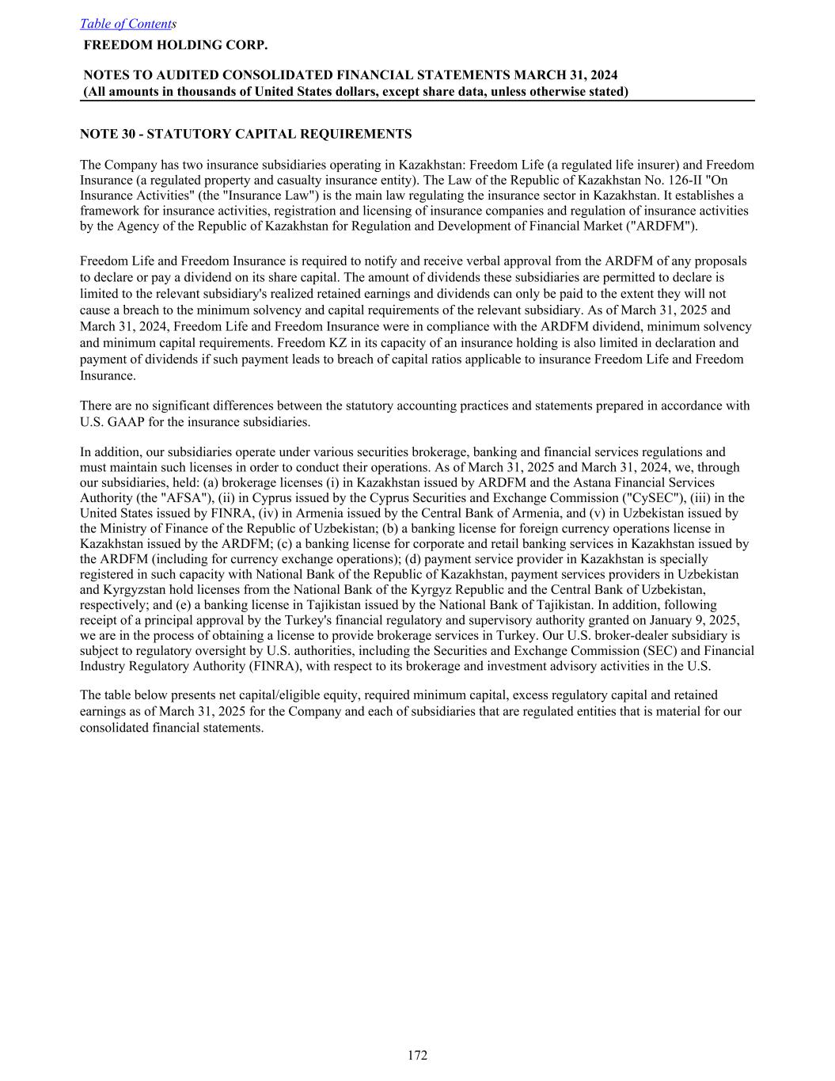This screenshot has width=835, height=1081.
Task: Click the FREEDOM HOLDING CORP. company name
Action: pos(176,45)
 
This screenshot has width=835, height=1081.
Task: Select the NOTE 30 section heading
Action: pos(245,134)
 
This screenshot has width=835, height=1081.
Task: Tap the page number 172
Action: pos(417,1055)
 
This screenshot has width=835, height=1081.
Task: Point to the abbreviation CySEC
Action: pos(646,497)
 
